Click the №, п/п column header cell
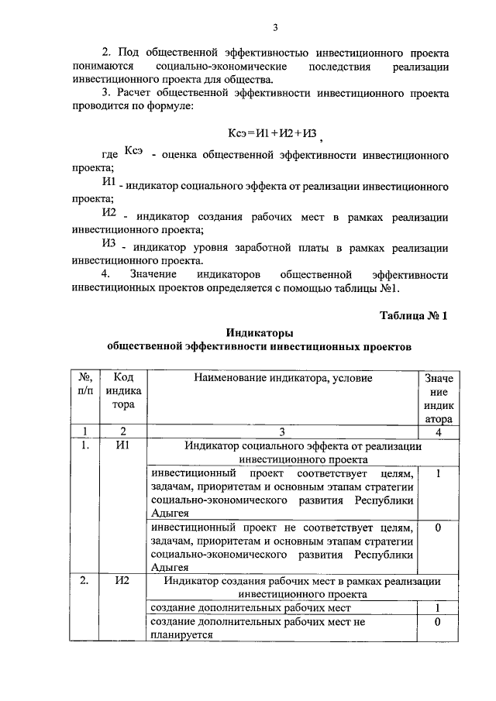(85, 384)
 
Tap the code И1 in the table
(123, 446)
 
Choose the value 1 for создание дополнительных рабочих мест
(438, 608)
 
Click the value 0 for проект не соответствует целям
(438, 527)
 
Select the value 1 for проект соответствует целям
(438, 473)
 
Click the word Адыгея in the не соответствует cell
(170, 568)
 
